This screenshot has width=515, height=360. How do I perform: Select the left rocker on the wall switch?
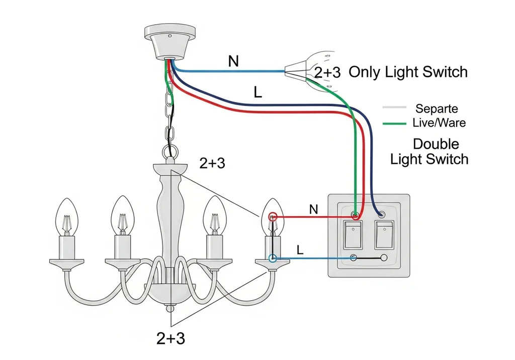(353, 235)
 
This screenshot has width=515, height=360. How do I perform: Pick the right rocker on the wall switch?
(384, 235)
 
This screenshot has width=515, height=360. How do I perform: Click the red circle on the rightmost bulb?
(273, 217)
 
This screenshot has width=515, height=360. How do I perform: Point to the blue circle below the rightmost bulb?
(272, 258)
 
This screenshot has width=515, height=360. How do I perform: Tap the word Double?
(436, 144)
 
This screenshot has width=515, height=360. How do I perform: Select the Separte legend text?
(437, 109)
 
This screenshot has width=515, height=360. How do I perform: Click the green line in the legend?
(394, 124)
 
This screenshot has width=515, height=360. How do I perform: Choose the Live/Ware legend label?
(439, 123)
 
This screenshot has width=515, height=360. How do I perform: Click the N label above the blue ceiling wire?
(233, 61)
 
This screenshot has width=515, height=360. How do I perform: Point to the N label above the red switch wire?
(314, 209)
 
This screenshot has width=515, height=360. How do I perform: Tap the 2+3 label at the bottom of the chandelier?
(171, 338)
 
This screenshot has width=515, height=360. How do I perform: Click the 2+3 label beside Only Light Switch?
(327, 72)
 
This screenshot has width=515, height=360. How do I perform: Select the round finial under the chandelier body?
(170, 308)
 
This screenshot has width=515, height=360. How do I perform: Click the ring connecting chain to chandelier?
(170, 152)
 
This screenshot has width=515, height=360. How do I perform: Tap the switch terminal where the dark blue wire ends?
(381, 215)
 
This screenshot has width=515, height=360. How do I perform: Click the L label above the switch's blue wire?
(300, 250)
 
